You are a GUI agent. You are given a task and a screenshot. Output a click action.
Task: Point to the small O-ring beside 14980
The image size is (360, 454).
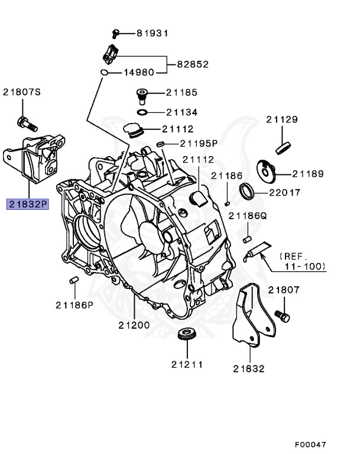click(x=105, y=73)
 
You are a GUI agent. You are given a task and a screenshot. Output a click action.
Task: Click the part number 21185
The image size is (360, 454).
click(x=181, y=93)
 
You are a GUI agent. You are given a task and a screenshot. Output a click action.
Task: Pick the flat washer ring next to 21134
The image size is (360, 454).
click(x=142, y=112)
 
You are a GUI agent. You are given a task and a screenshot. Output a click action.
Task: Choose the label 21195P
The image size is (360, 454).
click(x=199, y=143)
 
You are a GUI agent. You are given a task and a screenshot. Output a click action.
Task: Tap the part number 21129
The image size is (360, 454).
click(x=281, y=119)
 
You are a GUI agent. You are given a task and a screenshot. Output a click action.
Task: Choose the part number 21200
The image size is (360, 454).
click(x=134, y=325)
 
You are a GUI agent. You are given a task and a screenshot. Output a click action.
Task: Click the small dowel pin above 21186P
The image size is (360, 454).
click(x=73, y=280)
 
